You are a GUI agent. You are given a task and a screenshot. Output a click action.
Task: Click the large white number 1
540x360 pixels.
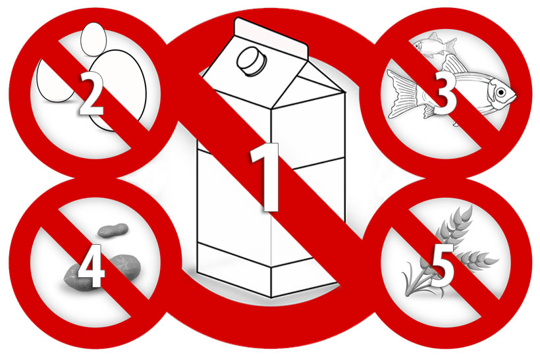265,176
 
